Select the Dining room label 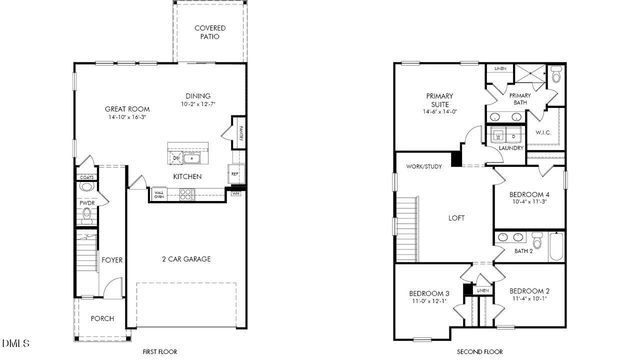point(197,97)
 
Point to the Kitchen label point(187,176)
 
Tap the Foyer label point(112,260)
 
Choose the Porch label point(102,318)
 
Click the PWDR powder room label point(87,203)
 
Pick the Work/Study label point(424,166)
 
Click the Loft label point(456,217)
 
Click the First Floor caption point(159,352)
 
